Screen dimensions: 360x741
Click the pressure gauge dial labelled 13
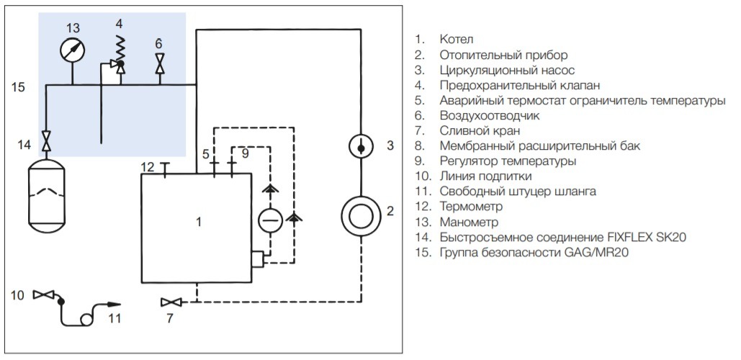(73, 50)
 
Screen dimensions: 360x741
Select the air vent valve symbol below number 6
(159, 66)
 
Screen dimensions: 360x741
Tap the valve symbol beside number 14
(47, 140)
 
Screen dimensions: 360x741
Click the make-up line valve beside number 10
(44, 294)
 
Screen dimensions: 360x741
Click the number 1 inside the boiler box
(199, 222)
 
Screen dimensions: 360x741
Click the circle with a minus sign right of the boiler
(271, 219)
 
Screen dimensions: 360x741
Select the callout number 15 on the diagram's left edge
(19, 87)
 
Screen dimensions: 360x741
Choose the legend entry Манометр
(469, 222)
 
